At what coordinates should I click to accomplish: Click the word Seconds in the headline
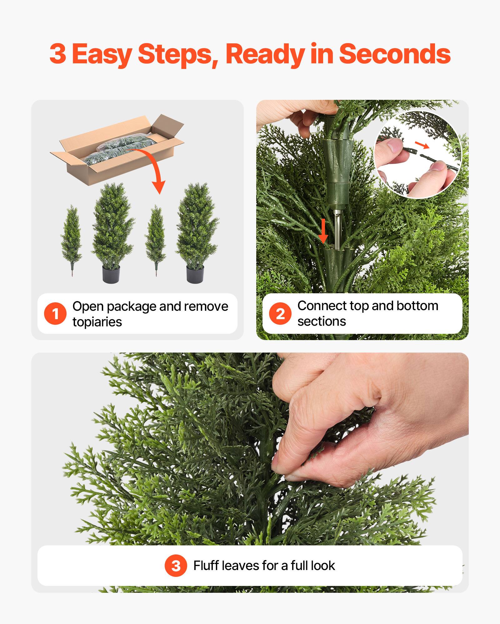coord(394,54)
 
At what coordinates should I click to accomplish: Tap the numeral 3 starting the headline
coord(58,54)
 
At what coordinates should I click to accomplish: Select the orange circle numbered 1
coord(55,313)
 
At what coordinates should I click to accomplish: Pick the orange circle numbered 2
coord(280,313)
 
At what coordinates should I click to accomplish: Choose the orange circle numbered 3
coord(176,565)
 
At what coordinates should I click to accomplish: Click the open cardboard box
coord(117,150)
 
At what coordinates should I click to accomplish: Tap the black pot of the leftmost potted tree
coord(111,274)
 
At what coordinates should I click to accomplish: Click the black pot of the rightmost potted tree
coord(195,274)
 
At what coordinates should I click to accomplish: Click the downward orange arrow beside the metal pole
coord(323,231)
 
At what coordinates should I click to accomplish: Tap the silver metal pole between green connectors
coord(337,226)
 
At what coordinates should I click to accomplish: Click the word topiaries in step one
coord(97,322)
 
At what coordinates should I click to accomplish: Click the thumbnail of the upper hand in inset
coord(394,145)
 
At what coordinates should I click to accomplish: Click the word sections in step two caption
coord(322,321)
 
